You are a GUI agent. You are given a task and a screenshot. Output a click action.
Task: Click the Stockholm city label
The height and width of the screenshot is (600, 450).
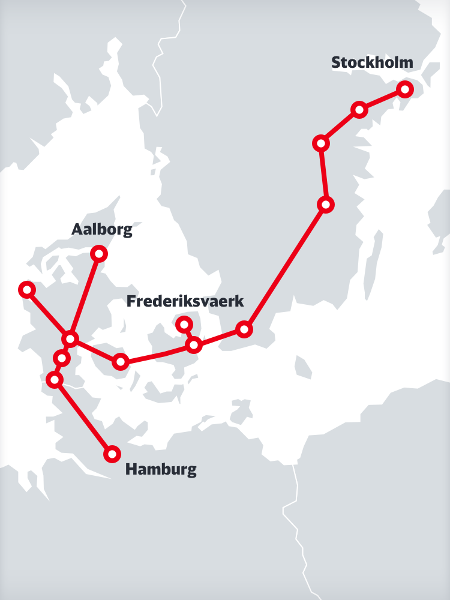372,63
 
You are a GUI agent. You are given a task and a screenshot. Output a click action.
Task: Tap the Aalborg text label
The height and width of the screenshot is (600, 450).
101,230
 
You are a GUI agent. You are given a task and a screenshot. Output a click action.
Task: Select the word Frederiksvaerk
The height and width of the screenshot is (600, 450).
185,302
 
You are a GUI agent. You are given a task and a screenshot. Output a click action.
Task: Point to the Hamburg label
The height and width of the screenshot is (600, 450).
161,469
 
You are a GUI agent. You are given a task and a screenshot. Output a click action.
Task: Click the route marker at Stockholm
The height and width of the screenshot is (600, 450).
405,89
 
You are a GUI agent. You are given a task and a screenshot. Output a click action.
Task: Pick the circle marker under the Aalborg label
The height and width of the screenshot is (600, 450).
99,254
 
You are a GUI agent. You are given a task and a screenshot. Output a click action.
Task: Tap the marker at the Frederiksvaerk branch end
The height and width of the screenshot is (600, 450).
184,325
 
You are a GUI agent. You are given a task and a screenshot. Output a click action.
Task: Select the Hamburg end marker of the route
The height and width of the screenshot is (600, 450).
112,454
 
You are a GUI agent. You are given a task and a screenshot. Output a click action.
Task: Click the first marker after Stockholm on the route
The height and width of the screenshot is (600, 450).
359,109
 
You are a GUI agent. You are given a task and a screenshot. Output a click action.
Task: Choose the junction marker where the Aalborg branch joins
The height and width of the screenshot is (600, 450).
71,340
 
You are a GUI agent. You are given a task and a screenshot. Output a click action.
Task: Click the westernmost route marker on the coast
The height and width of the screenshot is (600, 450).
26,290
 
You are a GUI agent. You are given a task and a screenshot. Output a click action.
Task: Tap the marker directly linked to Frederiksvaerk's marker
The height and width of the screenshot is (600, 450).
194,345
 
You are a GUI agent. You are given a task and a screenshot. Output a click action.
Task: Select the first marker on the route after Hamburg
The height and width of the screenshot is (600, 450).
55,379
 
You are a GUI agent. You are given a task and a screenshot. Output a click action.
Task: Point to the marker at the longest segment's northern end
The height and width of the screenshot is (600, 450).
326,205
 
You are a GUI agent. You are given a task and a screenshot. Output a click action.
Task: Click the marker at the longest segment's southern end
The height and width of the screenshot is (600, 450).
244,329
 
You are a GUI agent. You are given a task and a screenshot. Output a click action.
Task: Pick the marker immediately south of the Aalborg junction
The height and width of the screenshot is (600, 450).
62,358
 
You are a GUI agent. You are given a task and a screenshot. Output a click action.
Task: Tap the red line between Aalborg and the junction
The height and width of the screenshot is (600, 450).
85,296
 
